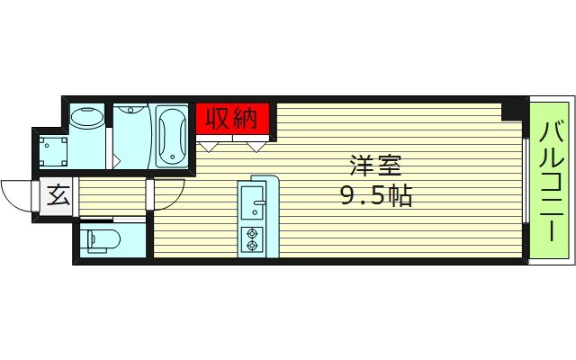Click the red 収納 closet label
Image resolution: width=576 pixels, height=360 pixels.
click(233, 118)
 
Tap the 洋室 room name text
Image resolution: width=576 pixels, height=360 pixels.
click(376, 166)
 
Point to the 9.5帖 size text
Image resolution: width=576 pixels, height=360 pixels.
click(376, 195)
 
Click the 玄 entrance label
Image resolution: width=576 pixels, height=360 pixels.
click(58, 195)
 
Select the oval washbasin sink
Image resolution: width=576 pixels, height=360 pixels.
click(87, 119)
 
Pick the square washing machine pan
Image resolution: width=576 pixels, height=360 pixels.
click(54, 150)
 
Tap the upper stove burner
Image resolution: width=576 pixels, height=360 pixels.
click(251, 232)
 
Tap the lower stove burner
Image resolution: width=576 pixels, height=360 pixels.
click(251, 244)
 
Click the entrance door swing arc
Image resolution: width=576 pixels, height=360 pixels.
click(18, 193)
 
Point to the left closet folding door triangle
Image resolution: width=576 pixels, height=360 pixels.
click(211, 144)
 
